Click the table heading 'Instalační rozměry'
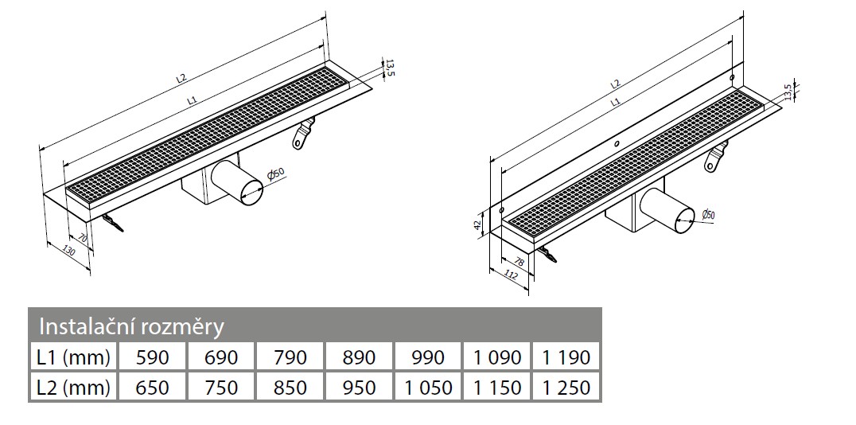132,326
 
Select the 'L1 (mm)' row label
73,357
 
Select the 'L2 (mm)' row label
73,387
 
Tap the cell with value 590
153,357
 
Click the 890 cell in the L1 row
359,357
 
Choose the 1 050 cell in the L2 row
428,387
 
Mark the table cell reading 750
221,387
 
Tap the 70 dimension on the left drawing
81,238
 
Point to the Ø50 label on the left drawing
275,174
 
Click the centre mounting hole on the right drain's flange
616,144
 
